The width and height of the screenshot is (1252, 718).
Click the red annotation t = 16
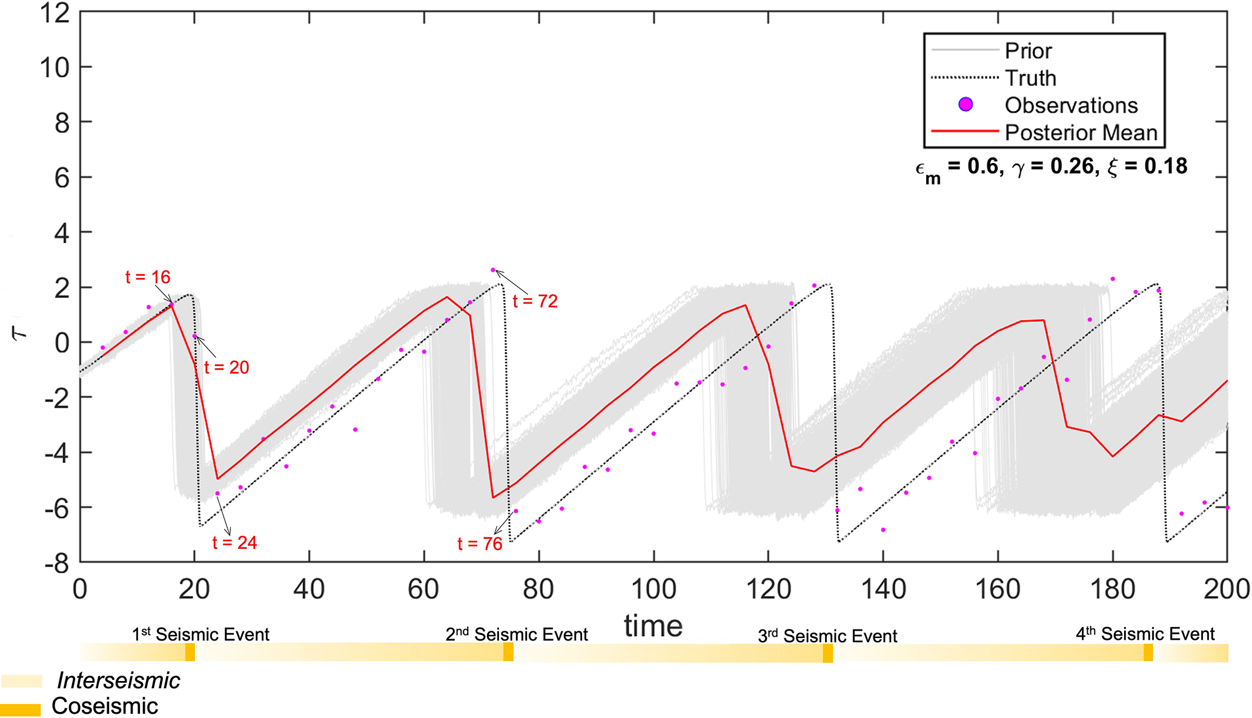(x=148, y=278)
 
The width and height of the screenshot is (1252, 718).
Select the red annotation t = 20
(x=227, y=368)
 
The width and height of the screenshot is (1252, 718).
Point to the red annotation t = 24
(x=234, y=543)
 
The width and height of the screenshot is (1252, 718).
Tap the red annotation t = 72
(x=535, y=302)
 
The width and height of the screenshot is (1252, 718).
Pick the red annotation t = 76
(x=480, y=544)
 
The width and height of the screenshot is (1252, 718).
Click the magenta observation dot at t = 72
(x=493, y=270)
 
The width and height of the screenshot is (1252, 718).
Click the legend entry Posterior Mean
(x=1081, y=133)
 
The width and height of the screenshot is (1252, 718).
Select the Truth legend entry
(x=1030, y=78)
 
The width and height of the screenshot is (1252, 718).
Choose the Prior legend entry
(x=1028, y=51)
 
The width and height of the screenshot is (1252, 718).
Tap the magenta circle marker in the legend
(x=965, y=105)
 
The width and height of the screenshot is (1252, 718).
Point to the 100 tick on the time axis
(x=654, y=590)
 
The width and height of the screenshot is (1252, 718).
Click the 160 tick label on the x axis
(x=998, y=590)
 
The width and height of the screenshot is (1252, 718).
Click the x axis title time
(x=654, y=626)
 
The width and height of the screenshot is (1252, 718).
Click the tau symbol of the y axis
(x=21, y=333)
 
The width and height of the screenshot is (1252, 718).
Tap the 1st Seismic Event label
(x=200, y=634)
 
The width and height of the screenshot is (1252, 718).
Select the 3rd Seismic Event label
(x=827, y=636)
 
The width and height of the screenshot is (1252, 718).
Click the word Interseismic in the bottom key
(x=119, y=681)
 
